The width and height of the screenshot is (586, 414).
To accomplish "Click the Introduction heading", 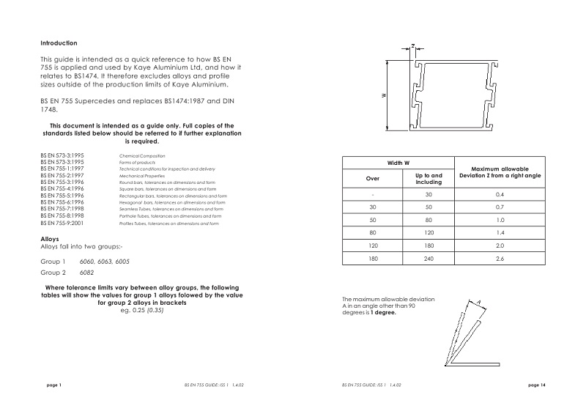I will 59,43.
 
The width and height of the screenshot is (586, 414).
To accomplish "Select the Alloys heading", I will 51,240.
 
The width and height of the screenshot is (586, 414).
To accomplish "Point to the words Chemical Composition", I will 141,156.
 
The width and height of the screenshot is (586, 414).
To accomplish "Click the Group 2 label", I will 53,271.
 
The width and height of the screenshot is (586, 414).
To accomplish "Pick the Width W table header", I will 397,163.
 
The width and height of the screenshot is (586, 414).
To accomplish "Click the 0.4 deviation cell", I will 500,194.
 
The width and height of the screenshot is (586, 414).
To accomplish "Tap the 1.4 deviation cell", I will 500,234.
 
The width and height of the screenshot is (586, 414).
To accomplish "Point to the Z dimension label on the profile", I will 412,46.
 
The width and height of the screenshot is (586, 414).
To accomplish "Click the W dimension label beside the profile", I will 385,95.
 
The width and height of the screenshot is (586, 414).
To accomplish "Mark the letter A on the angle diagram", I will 478,301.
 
